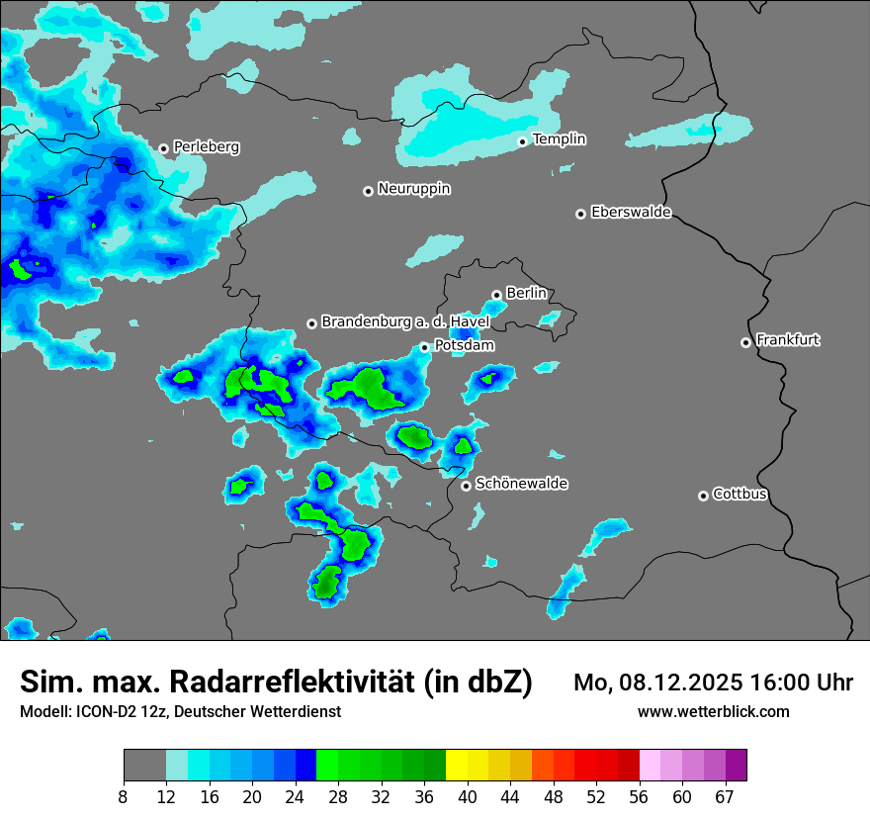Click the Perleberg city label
point(206,147)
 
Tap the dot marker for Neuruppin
point(368,191)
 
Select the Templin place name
point(559,139)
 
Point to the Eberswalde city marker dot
point(580,214)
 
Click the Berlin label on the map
point(526,294)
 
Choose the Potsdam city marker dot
point(424,347)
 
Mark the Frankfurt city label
point(787,340)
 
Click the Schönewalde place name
point(521,484)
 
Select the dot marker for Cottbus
point(703,496)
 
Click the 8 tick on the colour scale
point(124,795)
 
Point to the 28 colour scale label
point(338,795)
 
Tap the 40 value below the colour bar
point(467,795)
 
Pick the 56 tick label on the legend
point(639,795)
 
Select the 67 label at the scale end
point(725,795)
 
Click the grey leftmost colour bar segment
point(144,766)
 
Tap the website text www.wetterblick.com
point(713,712)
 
